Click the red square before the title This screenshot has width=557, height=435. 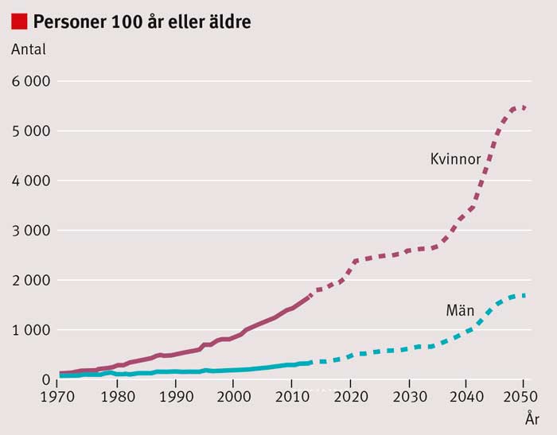(19, 21)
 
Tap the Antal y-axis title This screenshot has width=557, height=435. (29, 49)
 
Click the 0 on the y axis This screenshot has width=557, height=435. (45, 379)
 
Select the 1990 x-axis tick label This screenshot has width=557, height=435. (175, 396)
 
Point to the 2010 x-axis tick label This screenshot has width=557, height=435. (291, 396)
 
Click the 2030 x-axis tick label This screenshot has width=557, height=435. (407, 396)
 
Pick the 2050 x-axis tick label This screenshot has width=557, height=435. (523, 396)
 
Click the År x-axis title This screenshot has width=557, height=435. (532, 417)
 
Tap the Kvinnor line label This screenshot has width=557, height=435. (455, 160)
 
